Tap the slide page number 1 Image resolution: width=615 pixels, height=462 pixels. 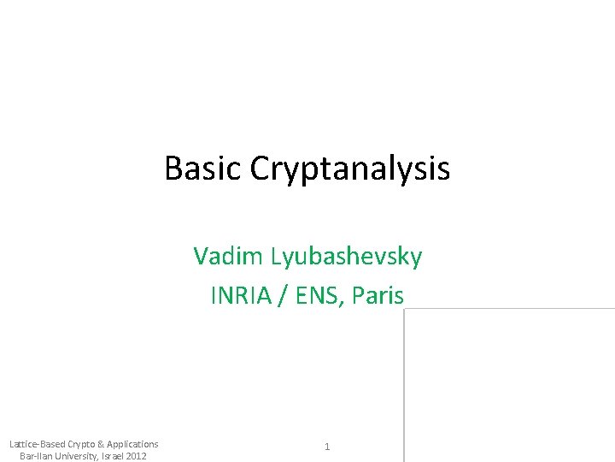click(327, 447)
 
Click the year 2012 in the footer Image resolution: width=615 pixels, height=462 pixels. click(137, 455)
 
